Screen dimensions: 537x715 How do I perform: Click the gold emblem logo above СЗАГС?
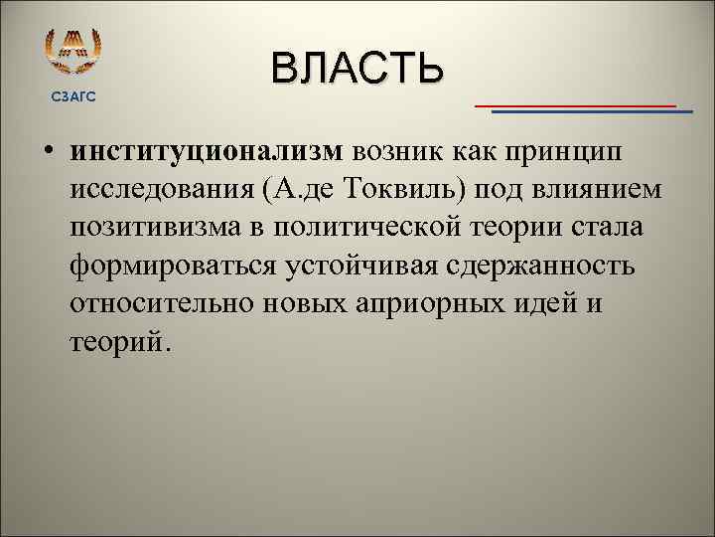73,51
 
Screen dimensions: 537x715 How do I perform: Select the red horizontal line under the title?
575,104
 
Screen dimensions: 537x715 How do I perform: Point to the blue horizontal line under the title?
592,112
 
